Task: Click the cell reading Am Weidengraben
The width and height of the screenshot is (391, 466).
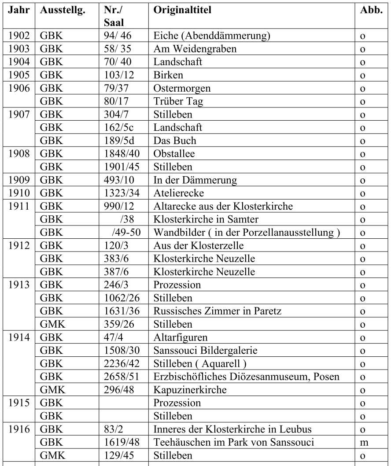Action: (x=195, y=49)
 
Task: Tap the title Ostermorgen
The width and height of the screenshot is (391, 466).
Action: (x=182, y=88)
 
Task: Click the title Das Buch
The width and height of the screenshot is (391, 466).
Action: (x=175, y=141)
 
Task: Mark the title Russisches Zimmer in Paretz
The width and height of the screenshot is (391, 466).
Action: (x=217, y=311)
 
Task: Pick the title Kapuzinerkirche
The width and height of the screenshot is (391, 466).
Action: (x=184, y=390)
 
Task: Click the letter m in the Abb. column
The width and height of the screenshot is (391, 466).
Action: (x=364, y=442)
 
